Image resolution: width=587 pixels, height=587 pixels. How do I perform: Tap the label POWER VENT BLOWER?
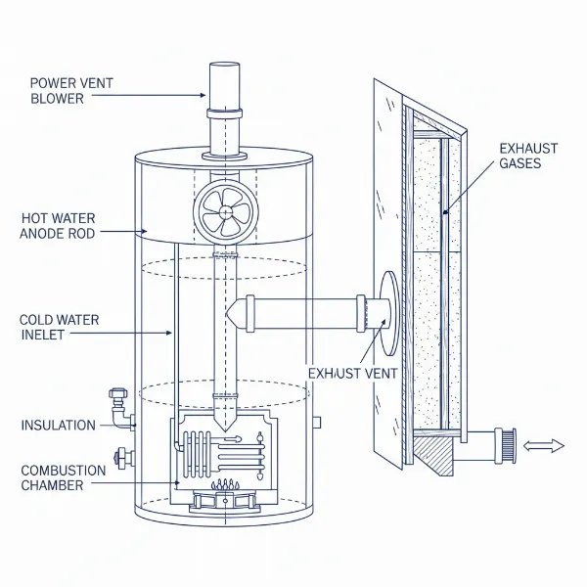click(x=72, y=91)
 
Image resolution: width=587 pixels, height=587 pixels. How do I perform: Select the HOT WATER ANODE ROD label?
click(x=58, y=225)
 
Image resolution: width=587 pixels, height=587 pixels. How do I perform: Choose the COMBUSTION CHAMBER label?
click(x=63, y=478)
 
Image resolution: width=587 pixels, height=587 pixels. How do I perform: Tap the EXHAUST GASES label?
click(x=527, y=157)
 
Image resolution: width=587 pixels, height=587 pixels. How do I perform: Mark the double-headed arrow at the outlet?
click(x=544, y=446)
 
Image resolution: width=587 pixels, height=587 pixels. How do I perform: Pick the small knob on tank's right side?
click(x=316, y=423)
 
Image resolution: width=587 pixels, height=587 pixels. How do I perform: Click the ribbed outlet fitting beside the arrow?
click(x=507, y=445)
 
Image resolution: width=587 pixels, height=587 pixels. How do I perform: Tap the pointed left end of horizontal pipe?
click(x=233, y=313)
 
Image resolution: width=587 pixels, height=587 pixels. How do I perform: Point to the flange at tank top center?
click(x=223, y=155)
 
